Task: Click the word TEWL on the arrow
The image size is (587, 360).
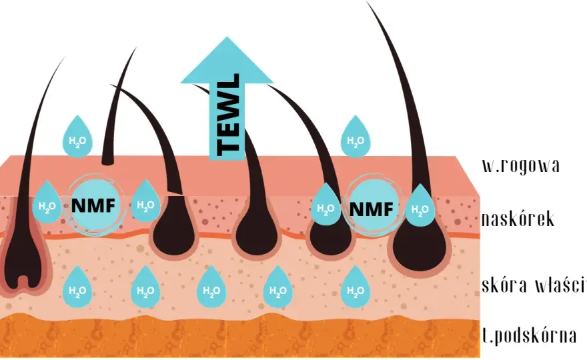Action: coord(228,115)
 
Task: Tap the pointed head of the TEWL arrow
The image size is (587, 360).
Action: coord(227,60)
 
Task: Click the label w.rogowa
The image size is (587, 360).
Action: coord(521,165)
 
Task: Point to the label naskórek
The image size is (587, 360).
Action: coord(518,219)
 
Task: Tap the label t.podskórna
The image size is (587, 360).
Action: coord(529,335)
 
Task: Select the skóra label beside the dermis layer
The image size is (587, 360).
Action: coord(504,285)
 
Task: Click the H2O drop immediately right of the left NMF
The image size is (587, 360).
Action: coord(145,201)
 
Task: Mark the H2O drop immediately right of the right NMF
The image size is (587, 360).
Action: coord(420,205)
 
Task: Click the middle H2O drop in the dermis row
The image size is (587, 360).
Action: coord(211,287)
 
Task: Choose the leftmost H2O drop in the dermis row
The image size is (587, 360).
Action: coord(77,287)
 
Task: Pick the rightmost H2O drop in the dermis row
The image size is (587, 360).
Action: coord(356,287)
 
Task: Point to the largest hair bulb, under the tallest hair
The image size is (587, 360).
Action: coord(420,245)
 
